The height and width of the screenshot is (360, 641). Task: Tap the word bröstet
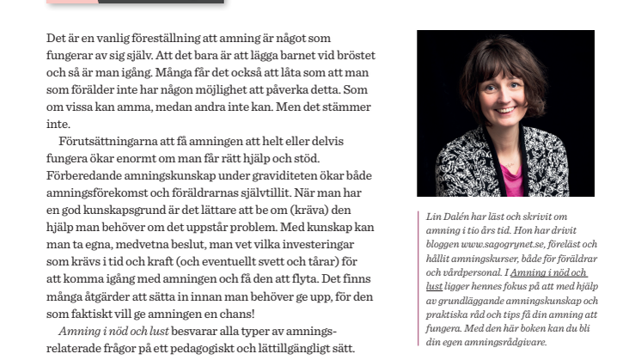coord(355,56)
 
